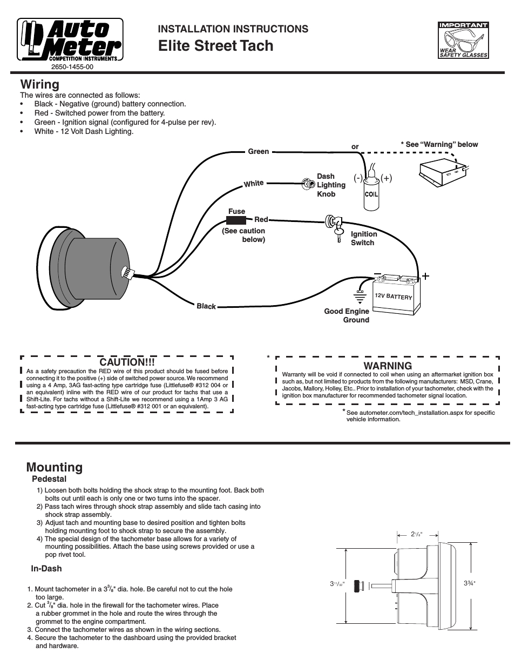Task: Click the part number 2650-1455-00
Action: pyautogui.click(x=72, y=68)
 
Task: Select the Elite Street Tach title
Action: pyautogui.click(x=216, y=46)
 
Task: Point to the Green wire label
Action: pyautogui.click(x=258, y=152)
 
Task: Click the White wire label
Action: pyautogui.click(x=254, y=184)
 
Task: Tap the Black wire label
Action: pyautogui.click(x=206, y=306)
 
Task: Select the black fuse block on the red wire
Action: pyautogui.click(x=236, y=220)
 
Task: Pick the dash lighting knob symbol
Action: pyautogui.click(x=308, y=184)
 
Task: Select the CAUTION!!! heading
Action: pyautogui.click(x=127, y=362)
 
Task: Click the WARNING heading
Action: pyautogui.click(x=388, y=366)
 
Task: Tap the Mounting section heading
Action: pyautogui.click(x=55, y=467)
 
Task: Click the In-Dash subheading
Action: pyautogui.click(x=46, y=568)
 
